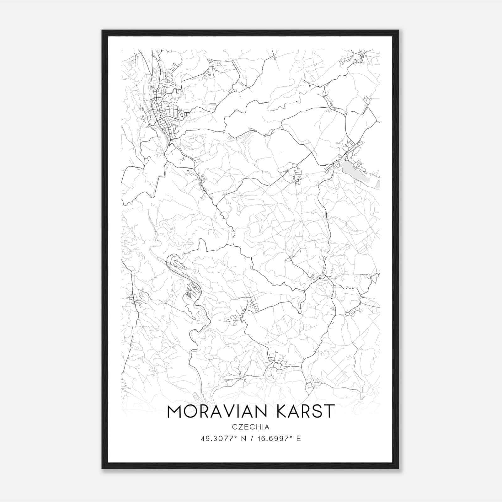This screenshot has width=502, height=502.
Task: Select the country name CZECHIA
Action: click(251, 427)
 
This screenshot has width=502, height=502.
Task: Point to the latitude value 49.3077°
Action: click(217, 439)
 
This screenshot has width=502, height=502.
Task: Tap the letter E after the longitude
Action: click(298, 439)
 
